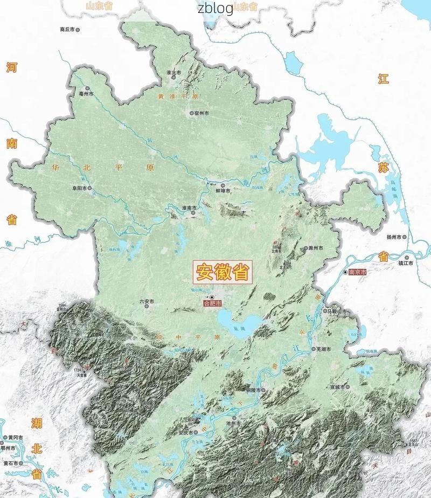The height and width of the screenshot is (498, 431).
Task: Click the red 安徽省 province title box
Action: (x=223, y=272)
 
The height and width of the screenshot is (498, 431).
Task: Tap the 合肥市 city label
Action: (x=212, y=304)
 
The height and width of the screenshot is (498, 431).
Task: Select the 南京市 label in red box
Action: (x=357, y=273)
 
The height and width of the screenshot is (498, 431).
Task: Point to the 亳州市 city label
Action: (x=86, y=94)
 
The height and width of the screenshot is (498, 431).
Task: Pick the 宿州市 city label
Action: (x=201, y=113)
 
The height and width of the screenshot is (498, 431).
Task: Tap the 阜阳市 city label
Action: (x=80, y=189)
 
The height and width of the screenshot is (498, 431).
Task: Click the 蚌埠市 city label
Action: (x=223, y=191)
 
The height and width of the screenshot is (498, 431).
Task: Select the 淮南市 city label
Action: (x=189, y=207)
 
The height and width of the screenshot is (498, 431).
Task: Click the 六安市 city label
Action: (x=147, y=301)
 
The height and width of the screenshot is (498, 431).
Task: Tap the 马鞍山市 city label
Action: (x=338, y=311)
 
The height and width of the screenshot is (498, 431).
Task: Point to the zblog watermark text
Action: (x=215, y=8)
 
